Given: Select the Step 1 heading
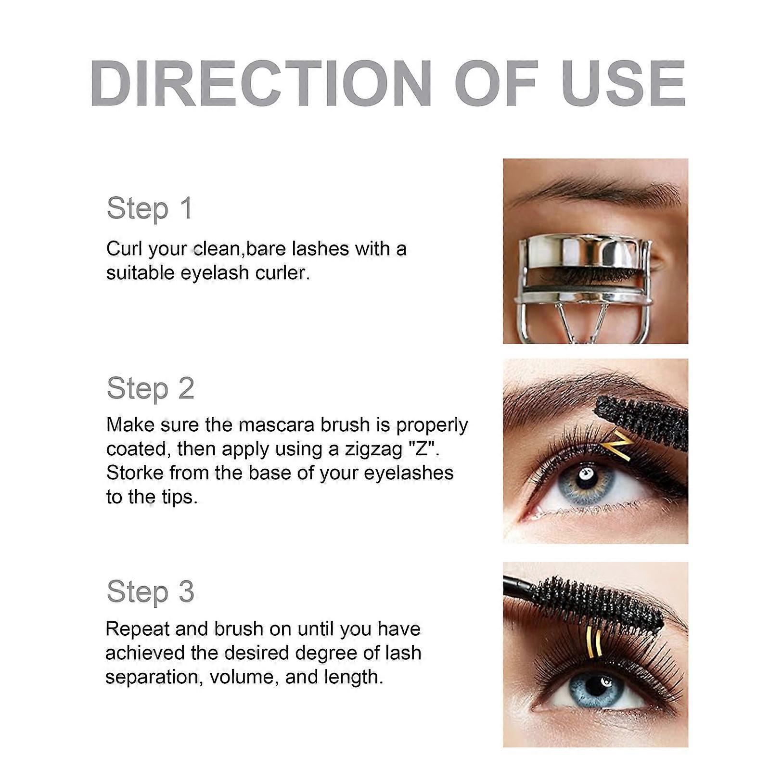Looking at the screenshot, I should pyautogui.click(x=150, y=208).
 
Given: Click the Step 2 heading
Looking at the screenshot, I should pyautogui.click(x=150, y=388).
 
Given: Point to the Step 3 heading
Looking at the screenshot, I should pyautogui.click(x=150, y=591).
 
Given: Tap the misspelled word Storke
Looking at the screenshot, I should pyautogui.click(x=134, y=473).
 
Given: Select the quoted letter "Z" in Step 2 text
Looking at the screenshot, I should pyautogui.click(x=423, y=449).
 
